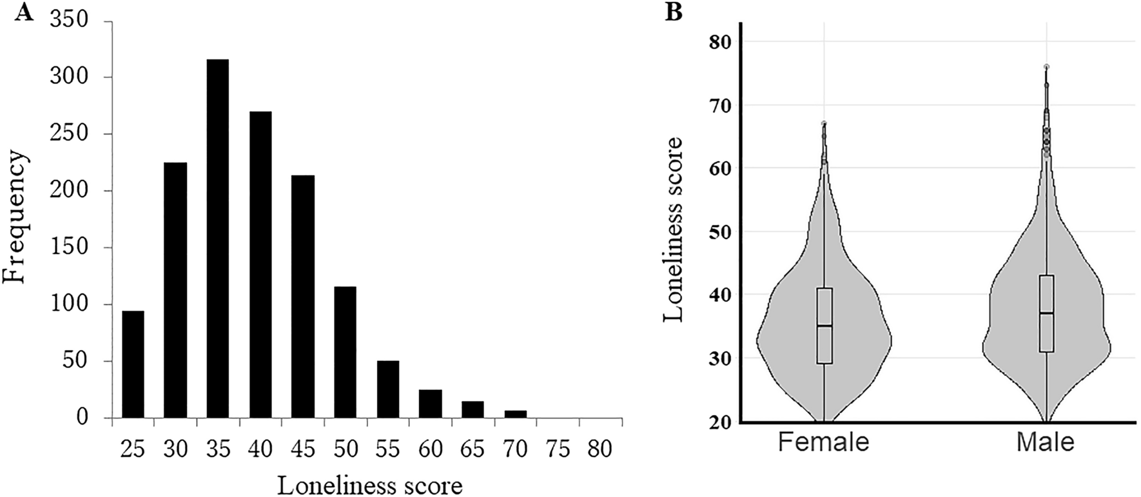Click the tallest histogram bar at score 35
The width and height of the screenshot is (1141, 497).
[x=218, y=239]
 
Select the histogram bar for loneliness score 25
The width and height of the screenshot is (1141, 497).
[x=133, y=364]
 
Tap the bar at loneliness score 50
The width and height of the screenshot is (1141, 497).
[x=346, y=352]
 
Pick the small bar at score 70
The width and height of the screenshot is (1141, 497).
[x=516, y=414]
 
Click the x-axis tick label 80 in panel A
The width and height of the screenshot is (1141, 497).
[x=600, y=449]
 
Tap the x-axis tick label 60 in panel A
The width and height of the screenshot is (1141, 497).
[x=430, y=449]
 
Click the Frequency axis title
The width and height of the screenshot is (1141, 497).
[x=16, y=217]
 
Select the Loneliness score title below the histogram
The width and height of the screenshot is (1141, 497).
[x=370, y=485]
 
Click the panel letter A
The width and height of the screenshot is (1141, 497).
[x=24, y=13]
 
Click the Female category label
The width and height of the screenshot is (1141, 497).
[x=823, y=442]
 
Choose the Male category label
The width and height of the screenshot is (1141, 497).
[x=1046, y=442]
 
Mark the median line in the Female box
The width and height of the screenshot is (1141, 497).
[x=824, y=326]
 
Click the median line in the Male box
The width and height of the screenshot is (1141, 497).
[x=1046, y=313]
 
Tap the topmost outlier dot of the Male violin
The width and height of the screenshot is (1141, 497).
[x=1046, y=66]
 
